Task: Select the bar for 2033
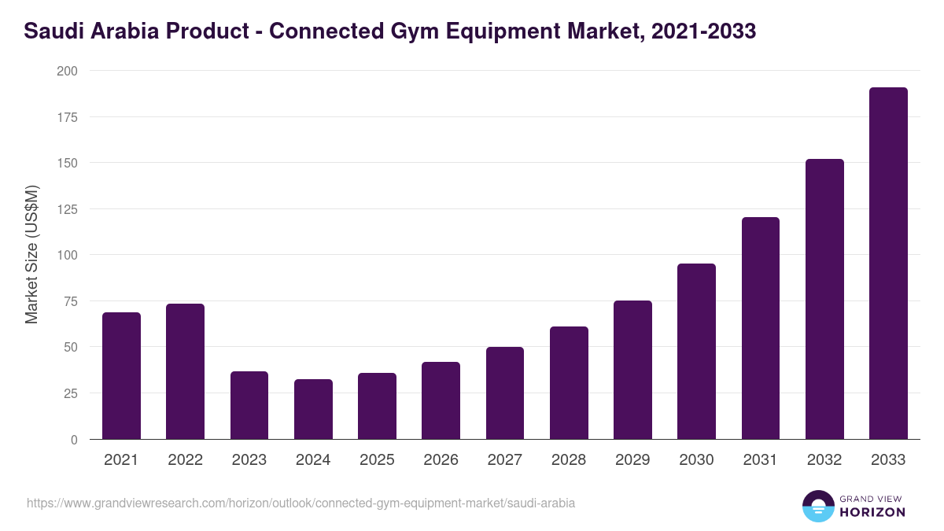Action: point(888,264)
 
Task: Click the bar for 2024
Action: point(313,409)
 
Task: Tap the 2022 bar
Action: point(185,371)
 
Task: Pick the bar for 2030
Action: point(696,352)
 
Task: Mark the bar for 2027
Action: point(505,393)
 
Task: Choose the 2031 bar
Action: point(760,328)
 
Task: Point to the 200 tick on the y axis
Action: point(67,71)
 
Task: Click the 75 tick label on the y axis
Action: point(70,301)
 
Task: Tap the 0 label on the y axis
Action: point(74,440)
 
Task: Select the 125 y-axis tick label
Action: point(67,209)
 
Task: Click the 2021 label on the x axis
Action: point(121,460)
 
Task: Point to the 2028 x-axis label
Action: point(569,460)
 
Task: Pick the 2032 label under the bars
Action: point(824,460)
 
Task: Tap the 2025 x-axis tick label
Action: point(377,460)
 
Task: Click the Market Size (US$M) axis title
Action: point(31,254)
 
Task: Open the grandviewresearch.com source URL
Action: point(301,503)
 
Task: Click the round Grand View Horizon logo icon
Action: point(818,506)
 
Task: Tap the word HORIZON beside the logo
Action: point(873,512)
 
